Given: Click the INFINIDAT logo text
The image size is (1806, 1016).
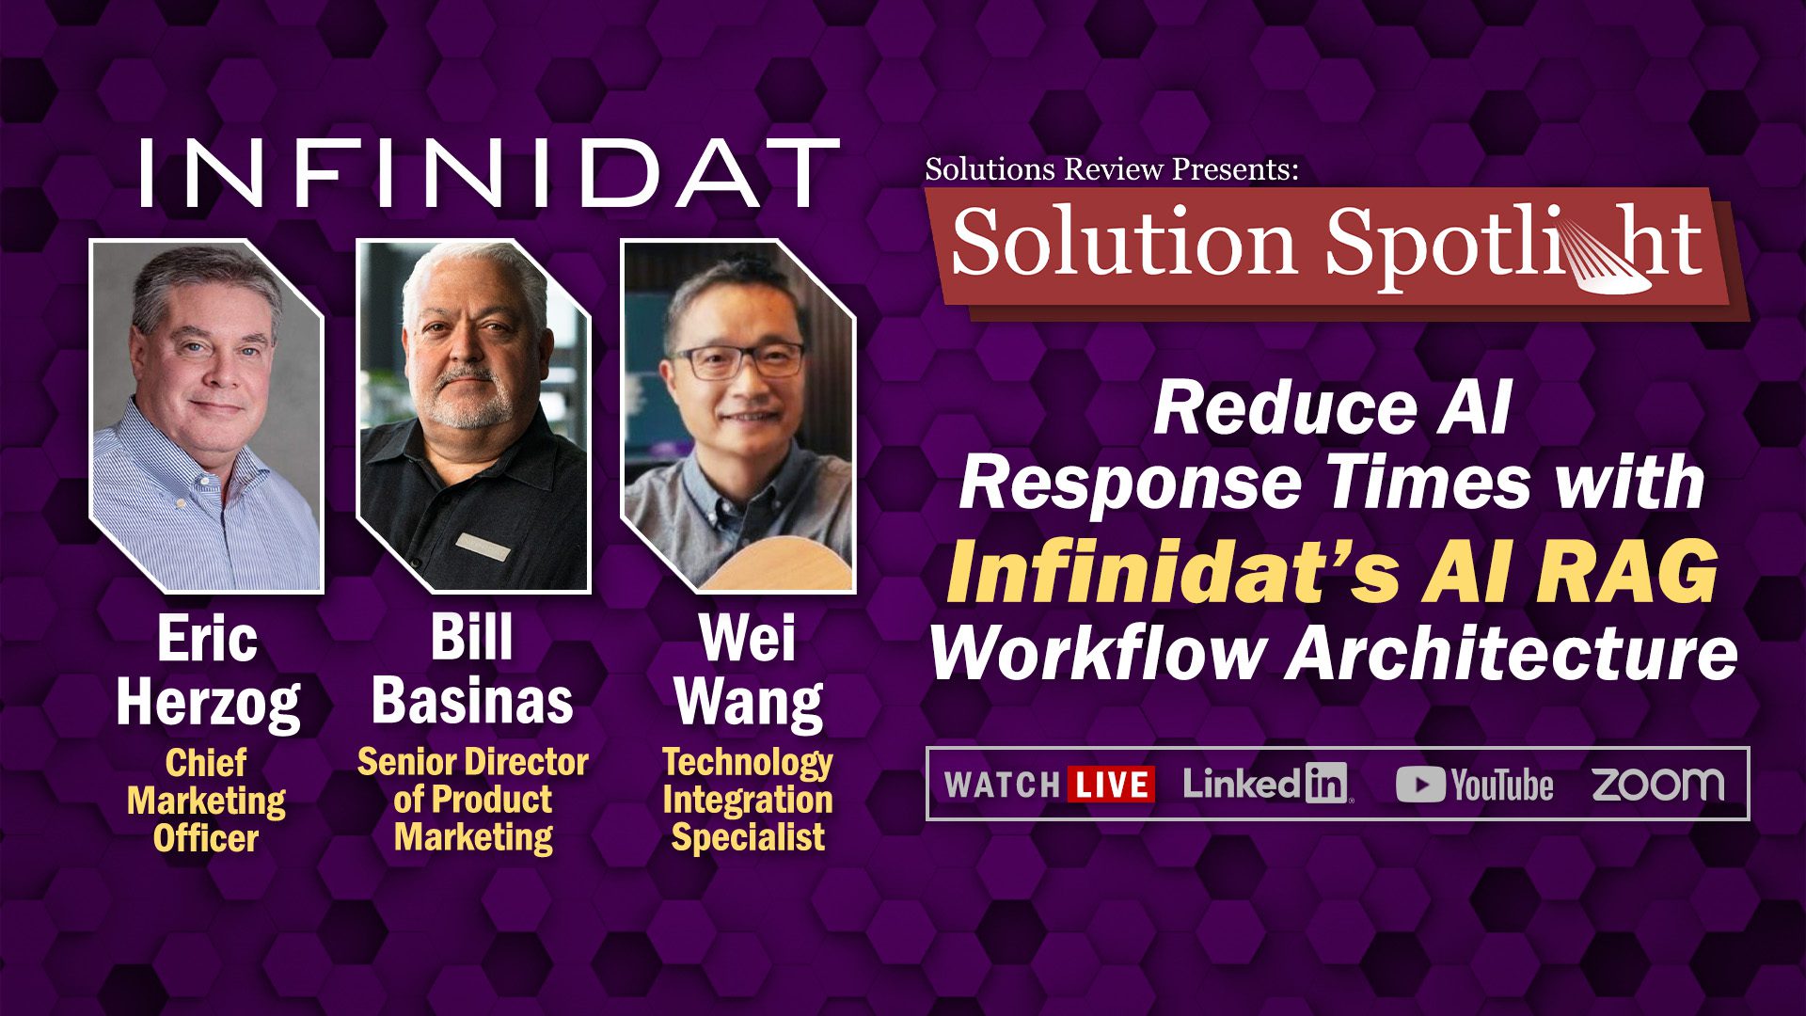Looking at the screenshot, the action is [489, 173].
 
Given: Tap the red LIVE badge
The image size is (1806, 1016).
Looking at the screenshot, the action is [1111, 785].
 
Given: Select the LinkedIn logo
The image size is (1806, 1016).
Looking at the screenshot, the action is [1267, 783].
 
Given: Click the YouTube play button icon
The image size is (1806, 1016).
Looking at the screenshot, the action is [1419, 785].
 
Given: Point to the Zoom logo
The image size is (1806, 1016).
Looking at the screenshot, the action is [1658, 784].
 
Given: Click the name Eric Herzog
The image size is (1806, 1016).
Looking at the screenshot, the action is [208, 671].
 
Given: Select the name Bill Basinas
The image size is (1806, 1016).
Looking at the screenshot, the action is [472, 670].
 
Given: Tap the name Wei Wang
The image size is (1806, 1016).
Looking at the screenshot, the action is [749, 671].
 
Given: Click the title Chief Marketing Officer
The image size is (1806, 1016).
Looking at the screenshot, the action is [206, 801].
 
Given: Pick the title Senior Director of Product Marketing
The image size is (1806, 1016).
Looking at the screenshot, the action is [473, 799].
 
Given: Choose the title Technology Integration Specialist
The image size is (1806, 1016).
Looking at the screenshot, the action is [748, 800].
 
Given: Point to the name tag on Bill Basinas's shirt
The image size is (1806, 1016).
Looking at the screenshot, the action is [482, 547].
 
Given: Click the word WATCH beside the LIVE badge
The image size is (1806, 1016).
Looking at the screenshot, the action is [1002, 785].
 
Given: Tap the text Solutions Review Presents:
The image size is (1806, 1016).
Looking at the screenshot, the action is [1112, 169].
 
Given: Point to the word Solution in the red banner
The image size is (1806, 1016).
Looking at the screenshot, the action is [1124, 244].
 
